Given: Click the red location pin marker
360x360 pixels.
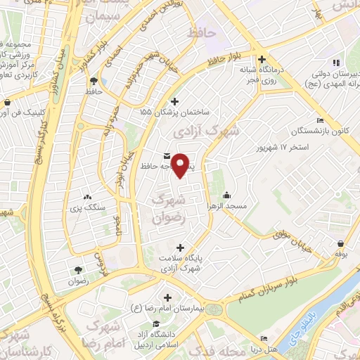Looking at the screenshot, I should (182, 165).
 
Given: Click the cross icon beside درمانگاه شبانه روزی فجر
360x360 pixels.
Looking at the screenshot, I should (262, 60).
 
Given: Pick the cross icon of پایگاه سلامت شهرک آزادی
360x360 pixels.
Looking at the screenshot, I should (181, 247).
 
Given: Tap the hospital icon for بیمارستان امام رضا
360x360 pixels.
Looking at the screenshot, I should (167, 297).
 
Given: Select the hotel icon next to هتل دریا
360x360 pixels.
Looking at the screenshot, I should (264, 338).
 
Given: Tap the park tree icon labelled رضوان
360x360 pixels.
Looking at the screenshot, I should (77, 269).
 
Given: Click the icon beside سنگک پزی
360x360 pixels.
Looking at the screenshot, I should (87, 198).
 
